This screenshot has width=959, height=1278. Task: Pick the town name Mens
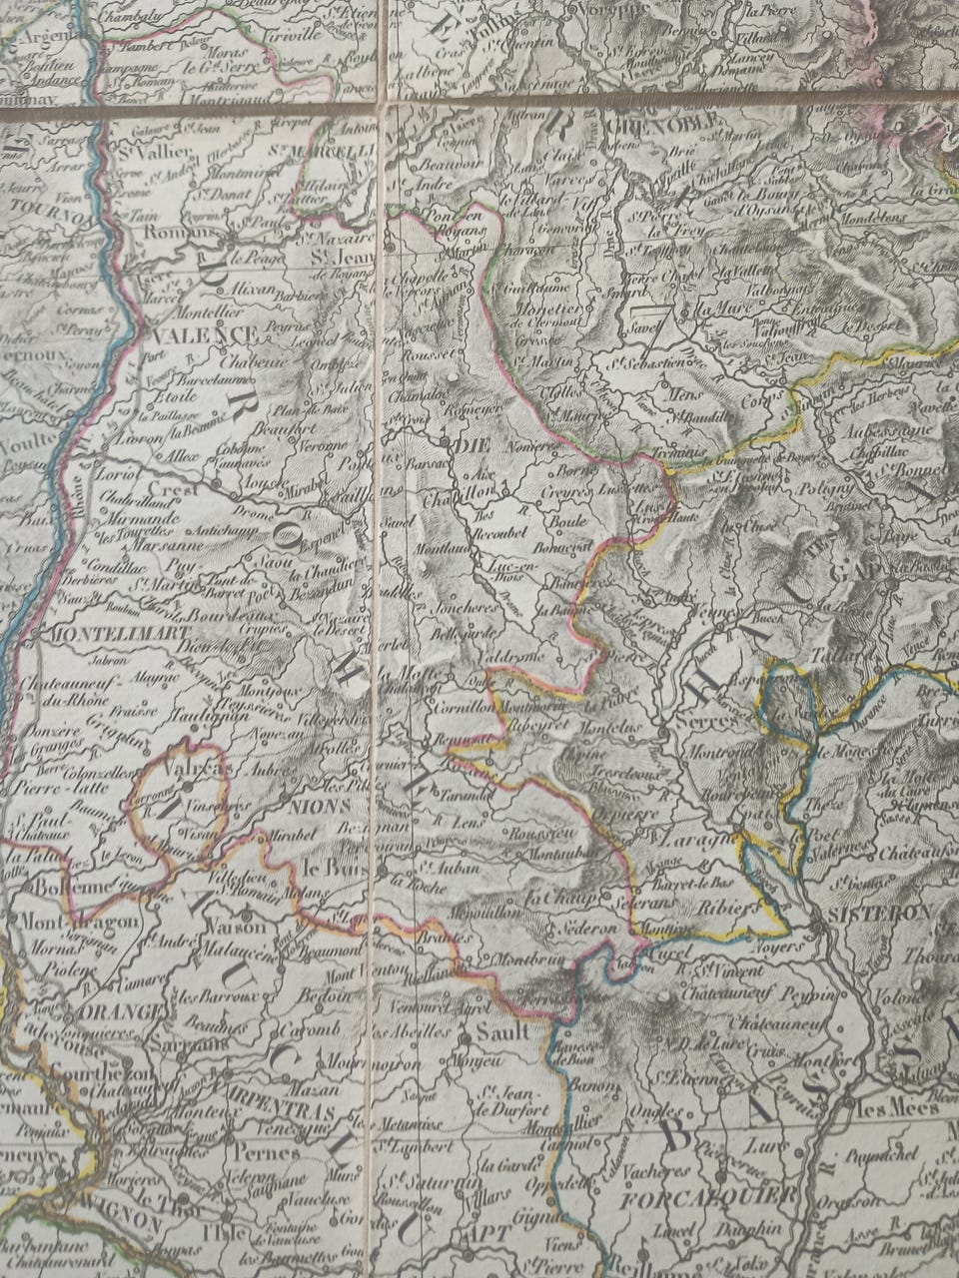[x=682, y=392]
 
